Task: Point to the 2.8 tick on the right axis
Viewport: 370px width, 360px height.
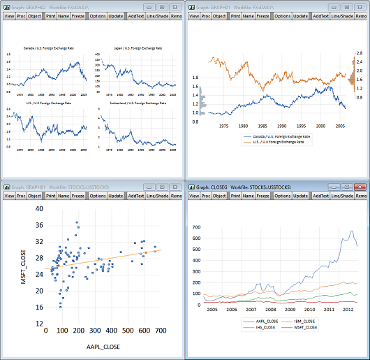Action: point(360,53)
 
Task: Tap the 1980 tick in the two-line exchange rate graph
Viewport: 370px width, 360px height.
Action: point(244,127)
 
